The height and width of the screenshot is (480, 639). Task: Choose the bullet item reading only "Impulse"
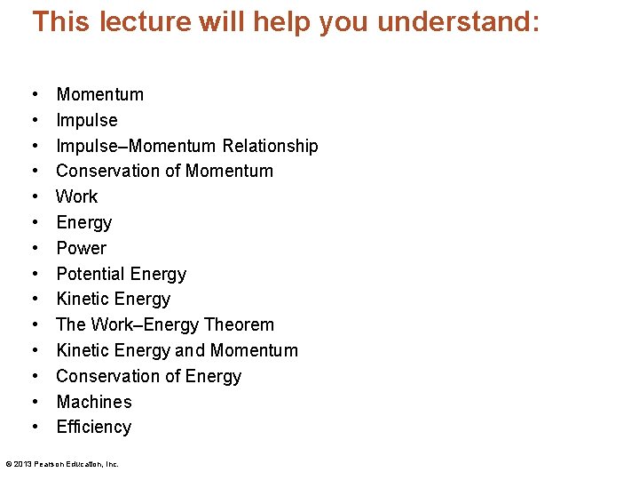point(86,120)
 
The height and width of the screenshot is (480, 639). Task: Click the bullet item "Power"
point(81,248)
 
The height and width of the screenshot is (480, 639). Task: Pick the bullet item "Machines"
point(93,402)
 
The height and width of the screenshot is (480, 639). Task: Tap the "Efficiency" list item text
point(93,428)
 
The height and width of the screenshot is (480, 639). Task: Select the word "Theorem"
point(240,324)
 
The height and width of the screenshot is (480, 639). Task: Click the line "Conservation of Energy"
point(148,376)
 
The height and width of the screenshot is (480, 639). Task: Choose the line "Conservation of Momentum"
point(164,171)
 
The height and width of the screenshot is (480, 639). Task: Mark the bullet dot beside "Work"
point(34,196)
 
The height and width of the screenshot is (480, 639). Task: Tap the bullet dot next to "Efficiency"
point(34,428)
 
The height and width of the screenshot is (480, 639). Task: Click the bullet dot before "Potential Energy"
point(34,274)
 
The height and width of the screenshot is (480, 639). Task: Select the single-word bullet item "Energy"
point(83,222)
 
